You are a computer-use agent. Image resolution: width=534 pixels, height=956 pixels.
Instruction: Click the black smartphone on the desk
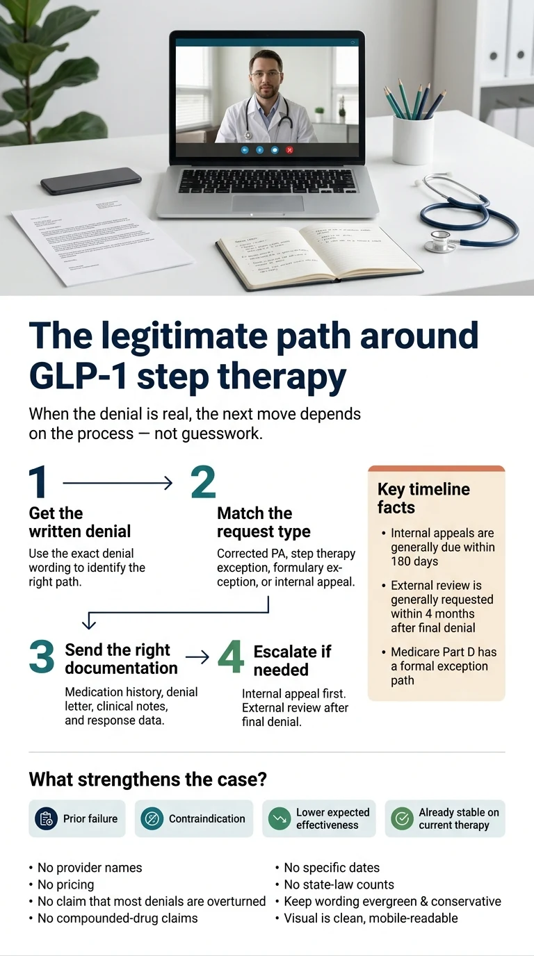[90, 181]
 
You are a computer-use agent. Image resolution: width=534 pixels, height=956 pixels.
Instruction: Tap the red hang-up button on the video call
[289, 149]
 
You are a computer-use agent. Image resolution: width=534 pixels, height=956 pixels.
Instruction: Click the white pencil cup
[412, 139]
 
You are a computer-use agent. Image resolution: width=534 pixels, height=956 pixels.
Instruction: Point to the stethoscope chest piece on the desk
[439, 240]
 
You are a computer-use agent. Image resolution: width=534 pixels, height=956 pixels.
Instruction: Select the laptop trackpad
[268, 203]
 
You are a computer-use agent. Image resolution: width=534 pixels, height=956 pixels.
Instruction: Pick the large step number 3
[42, 657]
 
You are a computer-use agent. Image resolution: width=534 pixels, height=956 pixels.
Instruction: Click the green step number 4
[231, 657]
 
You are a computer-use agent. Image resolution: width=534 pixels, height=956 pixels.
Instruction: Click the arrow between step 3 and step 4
[197, 657]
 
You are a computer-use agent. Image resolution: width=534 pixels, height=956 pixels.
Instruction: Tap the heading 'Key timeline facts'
[423, 498]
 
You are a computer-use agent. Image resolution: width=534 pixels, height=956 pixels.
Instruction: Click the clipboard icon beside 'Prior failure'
[47, 818]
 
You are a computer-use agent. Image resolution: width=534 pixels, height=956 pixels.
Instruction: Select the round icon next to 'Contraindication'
[152, 818]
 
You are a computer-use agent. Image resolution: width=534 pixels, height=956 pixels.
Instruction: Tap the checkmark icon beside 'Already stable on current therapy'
[402, 818]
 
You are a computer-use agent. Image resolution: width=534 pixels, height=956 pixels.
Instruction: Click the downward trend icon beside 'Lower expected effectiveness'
[280, 818]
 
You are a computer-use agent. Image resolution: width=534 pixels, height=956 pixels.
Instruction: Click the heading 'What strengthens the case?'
[147, 779]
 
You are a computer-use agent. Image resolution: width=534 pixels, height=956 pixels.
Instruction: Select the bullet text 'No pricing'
[65, 884]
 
